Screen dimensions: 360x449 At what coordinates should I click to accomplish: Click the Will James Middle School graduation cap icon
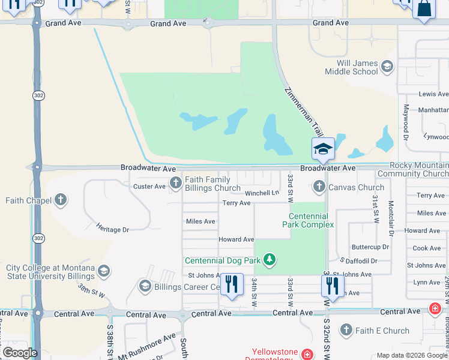387,66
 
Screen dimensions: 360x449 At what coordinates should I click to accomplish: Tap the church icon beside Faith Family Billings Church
175,182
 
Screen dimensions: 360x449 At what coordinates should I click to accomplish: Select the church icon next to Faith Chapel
60,199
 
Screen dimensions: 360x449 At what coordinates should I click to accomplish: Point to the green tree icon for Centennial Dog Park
270,260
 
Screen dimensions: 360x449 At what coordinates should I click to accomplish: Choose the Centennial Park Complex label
308,220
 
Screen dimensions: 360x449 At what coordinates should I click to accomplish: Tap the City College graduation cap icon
104,271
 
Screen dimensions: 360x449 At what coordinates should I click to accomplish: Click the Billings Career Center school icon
145,286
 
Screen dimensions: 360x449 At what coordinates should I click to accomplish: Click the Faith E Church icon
346,330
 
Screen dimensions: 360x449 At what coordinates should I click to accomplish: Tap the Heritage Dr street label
112,229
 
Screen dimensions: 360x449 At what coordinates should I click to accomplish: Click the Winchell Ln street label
262,193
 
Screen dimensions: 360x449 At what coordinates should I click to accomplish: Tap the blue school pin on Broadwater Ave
323,149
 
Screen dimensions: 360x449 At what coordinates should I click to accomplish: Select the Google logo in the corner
20,353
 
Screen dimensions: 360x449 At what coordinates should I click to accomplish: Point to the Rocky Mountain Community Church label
418,170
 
